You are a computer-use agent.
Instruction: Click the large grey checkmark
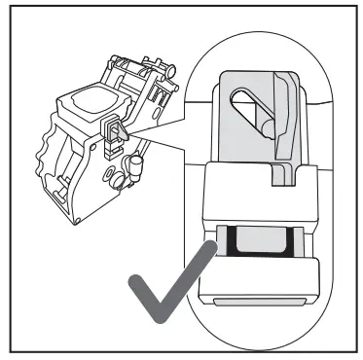point(171,291)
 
